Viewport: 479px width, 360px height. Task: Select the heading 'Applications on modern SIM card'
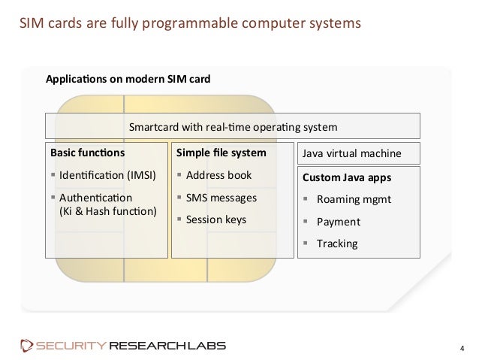(x=129, y=78)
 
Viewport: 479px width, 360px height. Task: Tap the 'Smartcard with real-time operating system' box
(x=233, y=126)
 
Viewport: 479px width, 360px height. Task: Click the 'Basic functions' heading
(x=87, y=153)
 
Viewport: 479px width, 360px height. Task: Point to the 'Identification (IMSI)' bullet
(x=105, y=176)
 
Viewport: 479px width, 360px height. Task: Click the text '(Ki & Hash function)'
(x=108, y=211)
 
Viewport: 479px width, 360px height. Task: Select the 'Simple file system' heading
(x=221, y=153)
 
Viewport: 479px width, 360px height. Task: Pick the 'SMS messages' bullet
(x=221, y=198)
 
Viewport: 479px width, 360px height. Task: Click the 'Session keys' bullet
(x=216, y=220)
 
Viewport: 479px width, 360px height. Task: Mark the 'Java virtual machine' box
(x=351, y=154)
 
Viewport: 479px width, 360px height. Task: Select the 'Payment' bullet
(x=339, y=222)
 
